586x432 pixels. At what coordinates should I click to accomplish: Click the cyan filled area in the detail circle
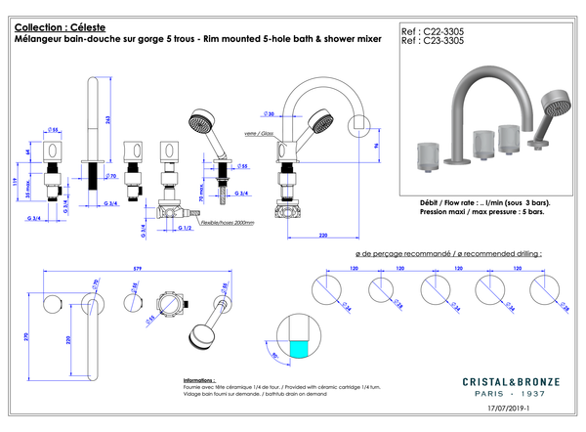(299, 347)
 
